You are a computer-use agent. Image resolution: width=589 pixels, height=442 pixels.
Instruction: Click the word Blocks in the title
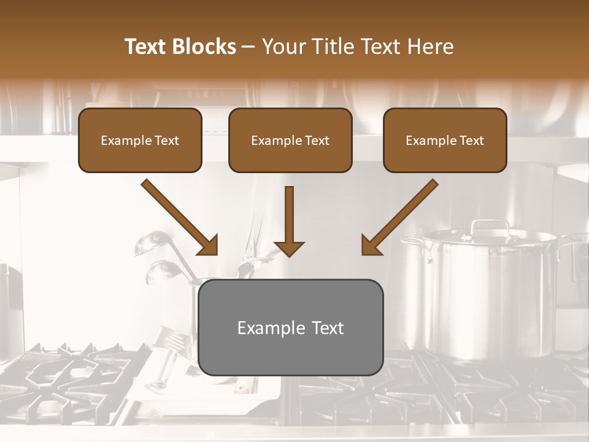coord(204,47)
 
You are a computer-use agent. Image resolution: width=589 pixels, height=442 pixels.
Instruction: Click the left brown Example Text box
coord(140,140)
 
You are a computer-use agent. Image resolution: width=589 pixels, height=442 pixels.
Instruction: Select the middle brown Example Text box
coord(290,140)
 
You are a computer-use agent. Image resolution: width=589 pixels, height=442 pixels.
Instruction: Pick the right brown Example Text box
coord(445,140)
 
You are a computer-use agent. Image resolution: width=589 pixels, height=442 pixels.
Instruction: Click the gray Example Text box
coord(290,327)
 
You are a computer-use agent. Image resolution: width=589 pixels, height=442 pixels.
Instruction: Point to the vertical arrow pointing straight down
coord(289,221)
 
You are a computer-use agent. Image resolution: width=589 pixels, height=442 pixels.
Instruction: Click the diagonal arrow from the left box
coord(180,217)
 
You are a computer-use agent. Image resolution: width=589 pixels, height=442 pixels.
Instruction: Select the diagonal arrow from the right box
coord(399,217)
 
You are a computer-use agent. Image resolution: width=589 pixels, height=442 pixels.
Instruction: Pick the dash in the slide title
coord(248,47)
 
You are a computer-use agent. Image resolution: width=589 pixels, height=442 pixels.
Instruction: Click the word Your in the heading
coord(283,47)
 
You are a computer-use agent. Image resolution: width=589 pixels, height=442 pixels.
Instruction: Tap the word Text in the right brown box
coord(471,141)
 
